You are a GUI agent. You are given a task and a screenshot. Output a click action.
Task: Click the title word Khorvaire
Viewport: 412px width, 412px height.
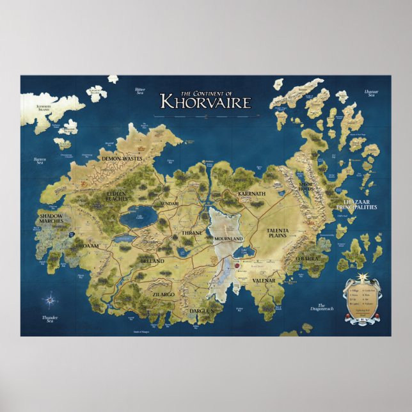point(205,101)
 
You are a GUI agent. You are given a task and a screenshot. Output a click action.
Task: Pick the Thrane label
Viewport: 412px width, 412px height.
point(191,233)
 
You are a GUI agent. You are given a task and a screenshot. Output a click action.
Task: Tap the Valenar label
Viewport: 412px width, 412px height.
point(262,280)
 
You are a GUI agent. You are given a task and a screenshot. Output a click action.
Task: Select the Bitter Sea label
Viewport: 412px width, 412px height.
point(140,91)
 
